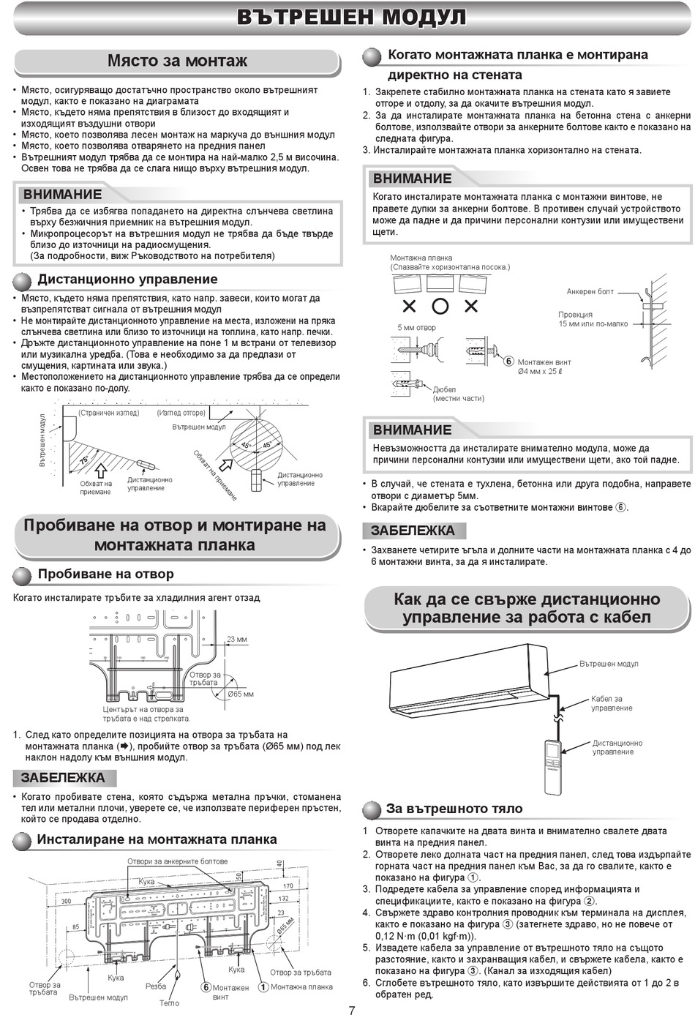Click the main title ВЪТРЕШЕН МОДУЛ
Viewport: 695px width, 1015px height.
352,18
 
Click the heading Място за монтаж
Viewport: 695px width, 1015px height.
177,61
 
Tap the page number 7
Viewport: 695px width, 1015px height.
352,1010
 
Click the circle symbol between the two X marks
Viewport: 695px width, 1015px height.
440,307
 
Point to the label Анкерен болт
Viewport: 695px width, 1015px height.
590,291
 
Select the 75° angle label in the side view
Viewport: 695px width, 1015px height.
85,460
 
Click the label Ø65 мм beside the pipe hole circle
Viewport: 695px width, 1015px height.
241,694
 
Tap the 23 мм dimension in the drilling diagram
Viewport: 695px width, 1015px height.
236,639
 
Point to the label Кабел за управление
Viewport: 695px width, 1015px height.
611,703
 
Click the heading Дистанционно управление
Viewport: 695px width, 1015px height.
127,279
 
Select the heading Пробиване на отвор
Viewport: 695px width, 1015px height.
105,574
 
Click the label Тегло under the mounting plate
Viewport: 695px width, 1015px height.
169,1003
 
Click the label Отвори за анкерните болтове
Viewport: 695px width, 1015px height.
177,861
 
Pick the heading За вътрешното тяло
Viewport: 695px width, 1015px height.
454,809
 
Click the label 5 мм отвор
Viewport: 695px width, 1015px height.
416,328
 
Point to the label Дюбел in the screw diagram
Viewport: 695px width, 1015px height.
444,389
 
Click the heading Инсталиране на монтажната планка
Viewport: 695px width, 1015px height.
157,839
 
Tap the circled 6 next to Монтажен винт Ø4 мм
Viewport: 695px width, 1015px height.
508,361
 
